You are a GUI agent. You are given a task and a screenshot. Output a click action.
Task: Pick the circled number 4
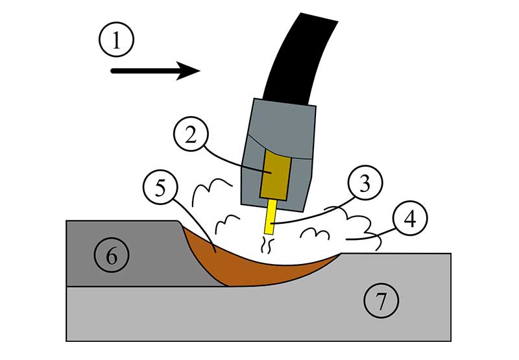[409, 221]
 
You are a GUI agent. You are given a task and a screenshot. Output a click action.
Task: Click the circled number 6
[112, 255]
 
